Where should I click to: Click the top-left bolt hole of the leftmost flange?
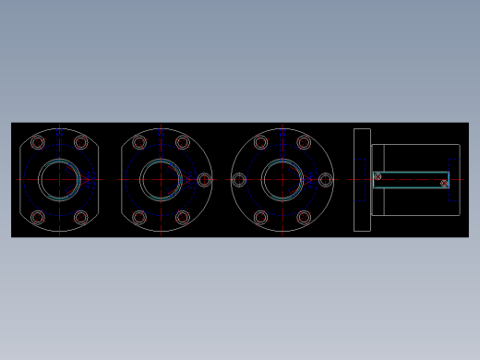pyautogui.click(x=38, y=142)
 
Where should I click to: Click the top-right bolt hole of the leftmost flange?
pyautogui.click(x=81, y=142)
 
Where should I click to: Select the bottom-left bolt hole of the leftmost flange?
pyautogui.click(x=38, y=218)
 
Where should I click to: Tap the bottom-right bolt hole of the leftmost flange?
pyautogui.click(x=81, y=218)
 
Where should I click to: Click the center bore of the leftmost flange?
pyautogui.click(x=60, y=180)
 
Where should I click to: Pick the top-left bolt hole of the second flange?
pyautogui.click(x=139, y=142)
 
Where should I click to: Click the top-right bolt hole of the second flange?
pyautogui.click(x=183, y=142)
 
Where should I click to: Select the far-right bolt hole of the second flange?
pyautogui.click(x=204, y=180)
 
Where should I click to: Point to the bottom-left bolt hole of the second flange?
pyautogui.click(x=139, y=218)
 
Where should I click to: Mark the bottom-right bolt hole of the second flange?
pyautogui.click(x=183, y=218)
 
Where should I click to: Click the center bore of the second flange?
pyautogui.click(x=161, y=180)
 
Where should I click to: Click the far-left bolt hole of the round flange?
pyautogui.click(x=239, y=180)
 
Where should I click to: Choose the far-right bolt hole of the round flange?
pyautogui.click(x=326, y=180)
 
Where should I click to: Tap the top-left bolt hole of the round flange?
pyautogui.click(x=261, y=142)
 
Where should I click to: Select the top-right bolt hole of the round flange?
pyautogui.click(x=304, y=142)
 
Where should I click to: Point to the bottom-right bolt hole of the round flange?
pyautogui.click(x=304, y=218)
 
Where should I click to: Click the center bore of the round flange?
pyautogui.click(x=282, y=180)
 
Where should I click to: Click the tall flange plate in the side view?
pyautogui.click(x=362, y=180)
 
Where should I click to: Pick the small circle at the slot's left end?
pyautogui.click(x=378, y=176)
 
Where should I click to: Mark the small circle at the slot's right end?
pyautogui.click(x=444, y=184)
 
